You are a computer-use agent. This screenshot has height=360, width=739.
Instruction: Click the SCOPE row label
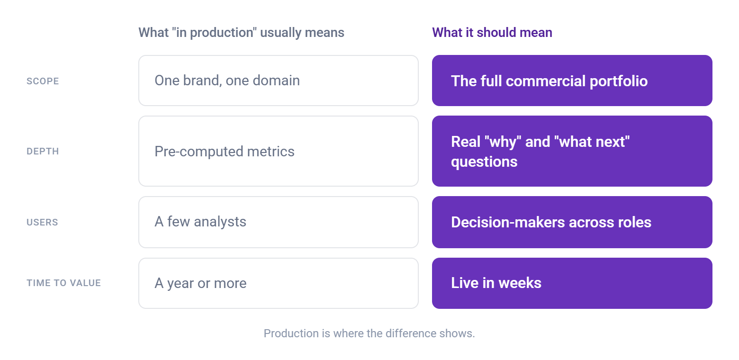click(43, 81)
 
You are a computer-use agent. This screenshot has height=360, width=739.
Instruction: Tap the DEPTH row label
click(43, 152)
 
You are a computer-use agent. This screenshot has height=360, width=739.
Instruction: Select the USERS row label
click(42, 223)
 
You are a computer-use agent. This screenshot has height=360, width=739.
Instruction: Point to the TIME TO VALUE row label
click(63, 283)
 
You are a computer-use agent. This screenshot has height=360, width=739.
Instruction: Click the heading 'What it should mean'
click(492, 32)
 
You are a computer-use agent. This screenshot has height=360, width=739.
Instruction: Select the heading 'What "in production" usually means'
click(241, 32)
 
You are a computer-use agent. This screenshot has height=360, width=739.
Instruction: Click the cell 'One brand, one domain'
click(279, 81)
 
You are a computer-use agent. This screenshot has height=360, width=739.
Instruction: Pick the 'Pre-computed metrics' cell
click(279, 151)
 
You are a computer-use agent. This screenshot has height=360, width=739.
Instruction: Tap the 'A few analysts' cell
click(279, 222)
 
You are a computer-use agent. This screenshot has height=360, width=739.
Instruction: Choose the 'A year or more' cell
click(279, 283)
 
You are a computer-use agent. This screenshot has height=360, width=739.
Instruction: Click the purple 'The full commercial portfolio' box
click(572, 81)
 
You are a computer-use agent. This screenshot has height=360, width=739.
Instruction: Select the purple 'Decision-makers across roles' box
click(572, 222)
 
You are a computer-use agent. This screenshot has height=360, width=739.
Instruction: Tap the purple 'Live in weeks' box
click(572, 283)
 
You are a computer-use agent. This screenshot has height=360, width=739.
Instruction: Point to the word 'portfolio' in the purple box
click(618, 81)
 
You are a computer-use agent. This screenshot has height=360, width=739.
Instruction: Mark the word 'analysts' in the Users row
click(220, 222)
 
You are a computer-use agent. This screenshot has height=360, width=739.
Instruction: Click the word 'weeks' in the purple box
click(520, 283)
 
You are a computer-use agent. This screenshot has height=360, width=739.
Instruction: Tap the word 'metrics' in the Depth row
click(270, 152)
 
